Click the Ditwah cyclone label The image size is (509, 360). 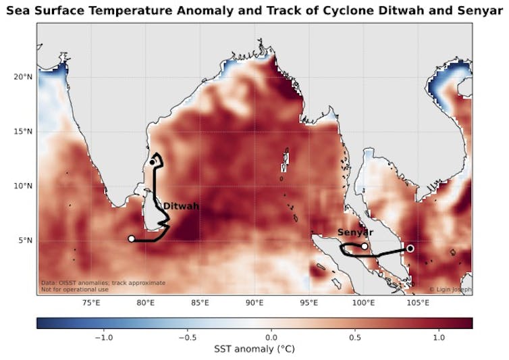[x=181, y=207]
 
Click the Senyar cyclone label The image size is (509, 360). [x=355, y=232]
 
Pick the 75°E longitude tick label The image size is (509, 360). [x=91, y=303]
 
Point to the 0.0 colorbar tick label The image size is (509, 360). [x=271, y=336]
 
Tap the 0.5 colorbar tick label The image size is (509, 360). [x=355, y=336]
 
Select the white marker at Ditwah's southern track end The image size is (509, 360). [x=132, y=238]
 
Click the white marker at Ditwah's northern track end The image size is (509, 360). [x=153, y=162]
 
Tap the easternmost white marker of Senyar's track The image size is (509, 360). [x=410, y=249]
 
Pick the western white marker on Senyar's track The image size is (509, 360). [x=365, y=246]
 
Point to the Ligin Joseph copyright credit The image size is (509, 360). [x=450, y=290]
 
